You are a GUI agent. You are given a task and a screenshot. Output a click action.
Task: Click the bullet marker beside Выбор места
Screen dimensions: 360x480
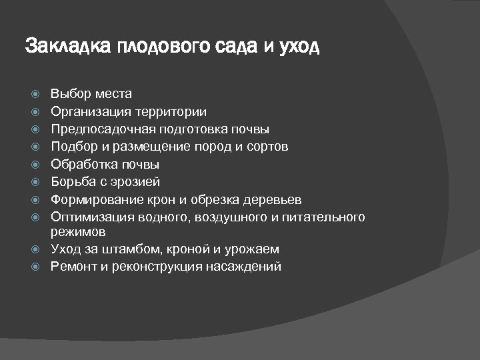[x=37, y=94]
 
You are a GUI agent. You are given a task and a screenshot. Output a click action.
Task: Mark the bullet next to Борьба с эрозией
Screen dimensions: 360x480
[x=37, y=182]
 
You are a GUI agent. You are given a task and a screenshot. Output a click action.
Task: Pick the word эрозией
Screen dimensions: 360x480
[x=137, y=182]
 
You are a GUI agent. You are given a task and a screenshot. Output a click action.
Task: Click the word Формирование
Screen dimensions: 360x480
[x=95, y=199]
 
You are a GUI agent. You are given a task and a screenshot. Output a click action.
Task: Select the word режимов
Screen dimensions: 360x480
[x=77, y=232]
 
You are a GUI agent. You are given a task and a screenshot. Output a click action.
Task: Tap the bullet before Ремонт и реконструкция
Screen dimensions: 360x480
[x=37, y=267]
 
